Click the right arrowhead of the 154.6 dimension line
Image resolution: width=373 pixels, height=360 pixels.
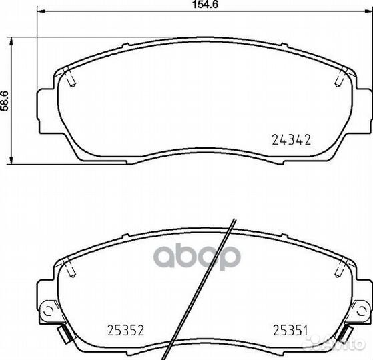click(368, 11)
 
